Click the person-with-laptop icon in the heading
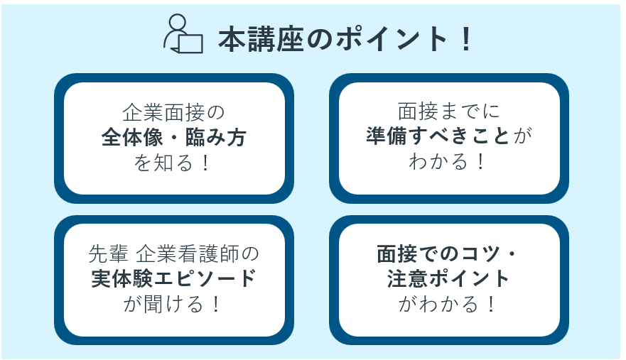[183, 34]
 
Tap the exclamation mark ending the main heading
[465, 39]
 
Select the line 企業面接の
[173, 112]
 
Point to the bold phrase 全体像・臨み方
[173, 137]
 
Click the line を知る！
[172, 163]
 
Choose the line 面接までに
[449, 111]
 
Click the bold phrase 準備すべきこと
[438, 136]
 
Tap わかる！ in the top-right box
[447, 161]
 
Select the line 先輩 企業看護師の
[173, 253]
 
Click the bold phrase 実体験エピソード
[173, 278]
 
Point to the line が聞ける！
[172, 304]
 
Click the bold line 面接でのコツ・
[446, 253]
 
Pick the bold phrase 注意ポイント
[448, 278]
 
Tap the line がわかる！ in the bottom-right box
[447, 304]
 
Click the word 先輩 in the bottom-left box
[108, 253]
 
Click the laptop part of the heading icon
[190, 44]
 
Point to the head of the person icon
[178, 22]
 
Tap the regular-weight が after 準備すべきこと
[522, 136]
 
